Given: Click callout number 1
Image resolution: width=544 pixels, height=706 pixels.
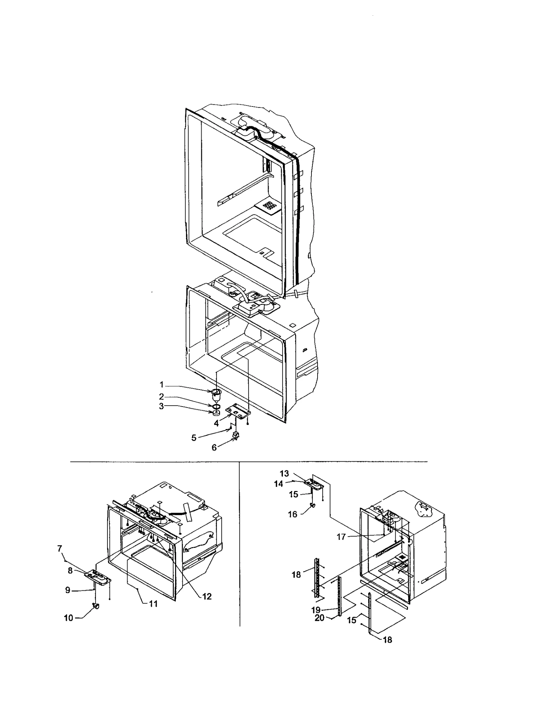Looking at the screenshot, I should pyautogui.click(x=162, y=384).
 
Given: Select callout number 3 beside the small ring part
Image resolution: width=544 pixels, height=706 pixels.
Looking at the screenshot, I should pyautogui.click(x=161, y=406).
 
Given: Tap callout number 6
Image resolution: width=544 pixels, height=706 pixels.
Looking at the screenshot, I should pyautogui.click(x=214, y=448).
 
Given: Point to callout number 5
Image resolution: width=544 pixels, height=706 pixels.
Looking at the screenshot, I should pyautogui.click(x=193, y=438).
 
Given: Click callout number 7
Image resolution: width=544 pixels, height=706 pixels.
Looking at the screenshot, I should pyautogui.click(x=60, y=548).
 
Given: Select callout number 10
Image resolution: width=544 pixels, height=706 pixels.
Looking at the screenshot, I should pyautogui.click(x=69, y=618).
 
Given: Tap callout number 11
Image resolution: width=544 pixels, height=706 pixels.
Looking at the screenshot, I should pyautogui.click(x=153, y=604).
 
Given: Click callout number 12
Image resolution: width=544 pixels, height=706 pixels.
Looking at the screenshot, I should pyautogui.click(x=207, y=596).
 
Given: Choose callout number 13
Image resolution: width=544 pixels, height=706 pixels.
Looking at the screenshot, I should pyautogui.click(x=284, y=473).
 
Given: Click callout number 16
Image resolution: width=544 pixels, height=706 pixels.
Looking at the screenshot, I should pyautogui.click(x=292, y=514).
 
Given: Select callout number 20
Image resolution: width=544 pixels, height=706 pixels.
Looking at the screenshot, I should pyautogui.click(x=319, y=618).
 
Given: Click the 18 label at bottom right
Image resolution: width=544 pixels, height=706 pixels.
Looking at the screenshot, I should pyautogui.click(x=387, y=640).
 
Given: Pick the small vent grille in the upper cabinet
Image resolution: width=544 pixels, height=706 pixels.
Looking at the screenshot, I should pyautogui.click(x=269, y=206).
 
